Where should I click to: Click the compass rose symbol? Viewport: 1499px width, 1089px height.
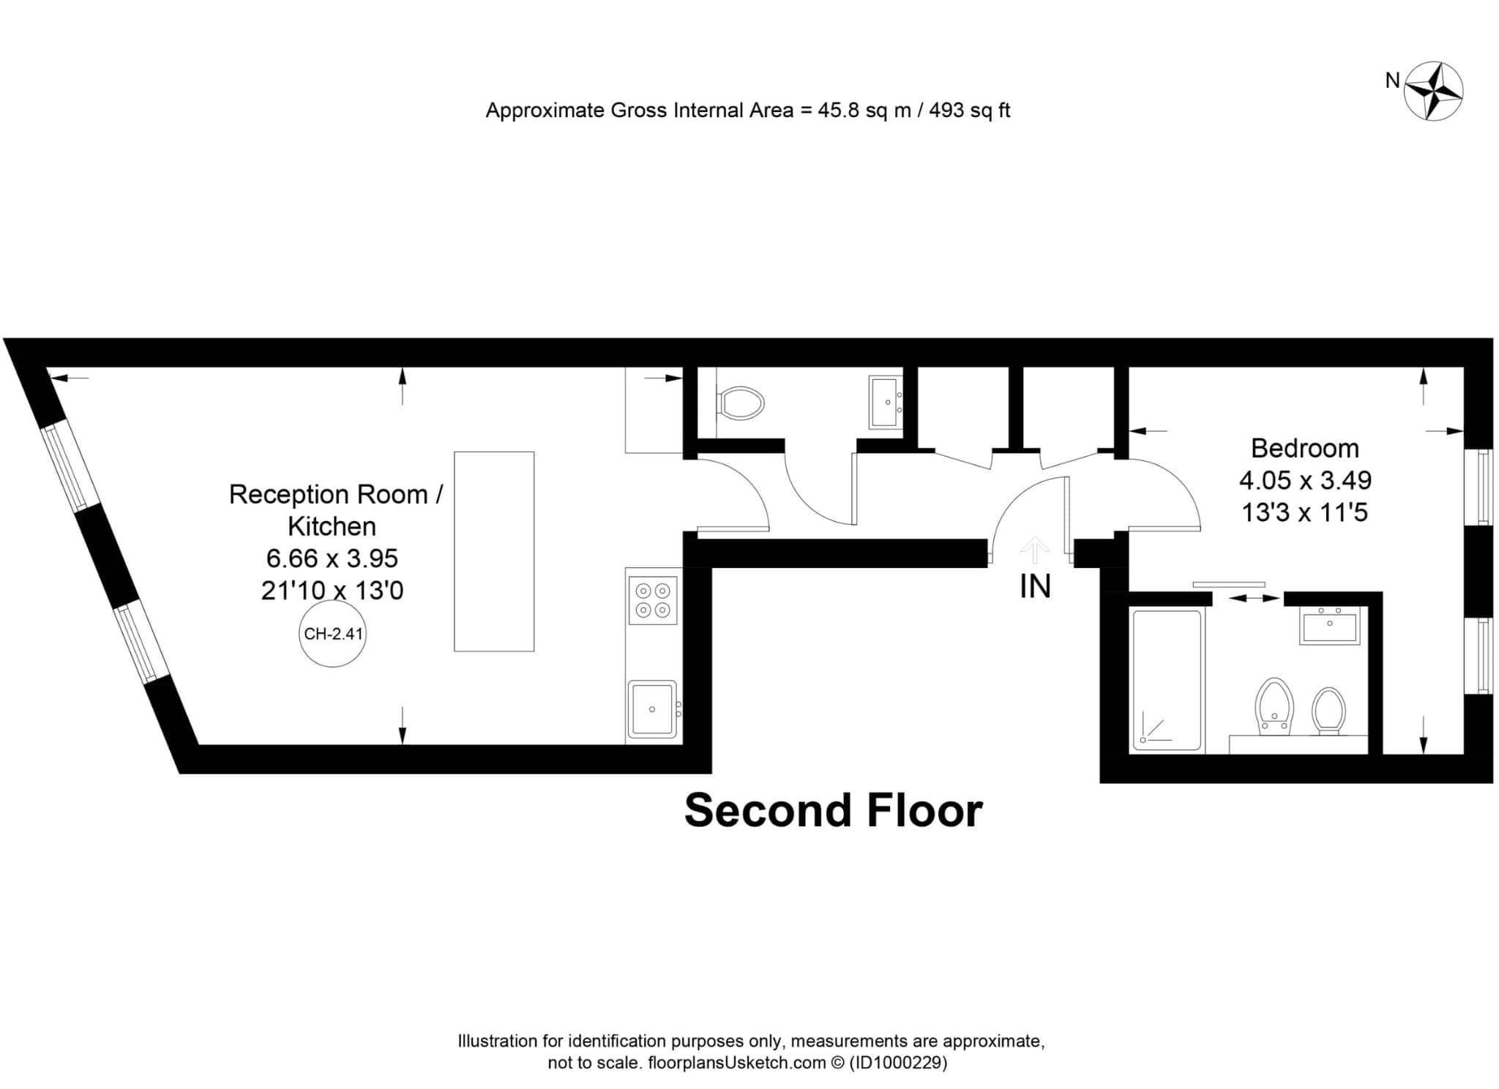[x=1433, y=91]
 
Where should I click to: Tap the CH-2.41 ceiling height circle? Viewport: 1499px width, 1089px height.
[x=333, y=634]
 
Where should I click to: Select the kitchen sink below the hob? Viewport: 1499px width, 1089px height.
[x=652, y=709]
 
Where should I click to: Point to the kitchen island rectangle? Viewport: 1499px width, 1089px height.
[x=494, y=551]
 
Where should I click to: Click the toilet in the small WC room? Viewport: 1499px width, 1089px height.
[x=741, y=403]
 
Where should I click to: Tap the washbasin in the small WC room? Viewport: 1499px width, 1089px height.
[x=886, y=402]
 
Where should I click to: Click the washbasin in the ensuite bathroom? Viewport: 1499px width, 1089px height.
[x=1329, y=625]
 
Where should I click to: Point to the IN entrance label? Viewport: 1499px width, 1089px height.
[x=1035, y=586]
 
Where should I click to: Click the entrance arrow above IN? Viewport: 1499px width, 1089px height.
[x=1034, y=549]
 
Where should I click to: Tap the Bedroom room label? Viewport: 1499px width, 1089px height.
[x=1305, y=448]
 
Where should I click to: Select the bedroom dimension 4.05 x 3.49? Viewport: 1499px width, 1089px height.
[x=1305, y=480]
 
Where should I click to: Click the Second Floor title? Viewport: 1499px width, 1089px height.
[x=833, y=811]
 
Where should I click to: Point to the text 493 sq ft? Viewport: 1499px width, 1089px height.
[x=970, y=111]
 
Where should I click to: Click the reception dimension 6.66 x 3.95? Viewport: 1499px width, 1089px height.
[x=332, y=558]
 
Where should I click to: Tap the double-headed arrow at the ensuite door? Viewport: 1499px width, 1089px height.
[x=1254, y=599]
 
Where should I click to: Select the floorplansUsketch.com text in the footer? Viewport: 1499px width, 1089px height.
[x=737, y=1063]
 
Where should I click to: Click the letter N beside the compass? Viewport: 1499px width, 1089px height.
[x=1392, y=81]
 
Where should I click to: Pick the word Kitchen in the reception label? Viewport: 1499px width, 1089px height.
[x=332, y=526]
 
